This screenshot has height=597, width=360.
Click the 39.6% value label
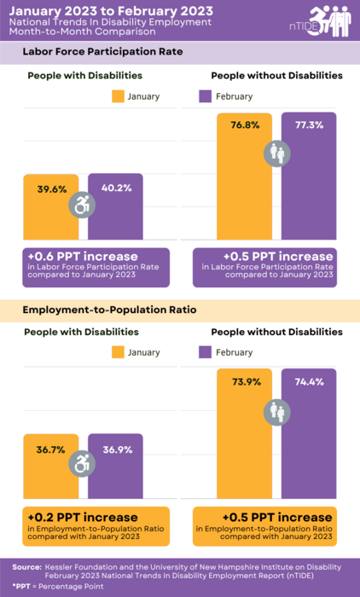[52, 189]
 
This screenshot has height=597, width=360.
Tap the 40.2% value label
[116, 188]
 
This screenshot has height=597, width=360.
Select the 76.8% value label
[244, 125]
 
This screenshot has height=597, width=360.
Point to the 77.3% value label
[310, 125]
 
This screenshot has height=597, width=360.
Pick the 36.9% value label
[116, 449]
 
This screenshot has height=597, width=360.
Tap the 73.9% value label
[245, 382]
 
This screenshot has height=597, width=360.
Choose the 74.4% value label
[310, 382]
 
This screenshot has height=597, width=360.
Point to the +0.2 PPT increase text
[82, 517]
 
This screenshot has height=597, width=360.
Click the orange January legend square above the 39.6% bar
[119, 96]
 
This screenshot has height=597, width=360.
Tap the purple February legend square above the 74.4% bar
[205, 352]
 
